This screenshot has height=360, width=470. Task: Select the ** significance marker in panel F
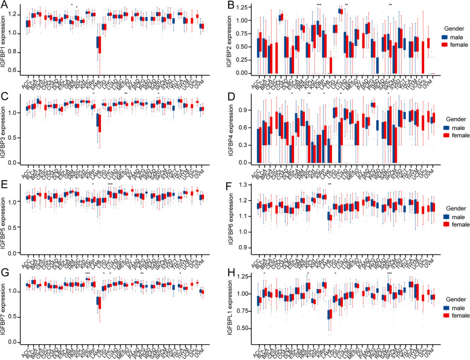pos(330,184)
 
